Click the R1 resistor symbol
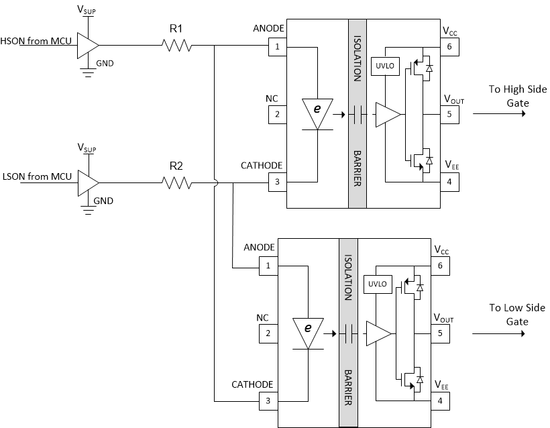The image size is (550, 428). (x=176, y=46)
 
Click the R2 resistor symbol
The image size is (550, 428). (x=176, y=182)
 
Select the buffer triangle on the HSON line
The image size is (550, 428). (x=88, y=45)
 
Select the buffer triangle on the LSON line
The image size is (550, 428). (x=88, y=182)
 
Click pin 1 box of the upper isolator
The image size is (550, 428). (x=277, y=47)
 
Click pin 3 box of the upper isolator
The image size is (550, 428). (x=277, y=182)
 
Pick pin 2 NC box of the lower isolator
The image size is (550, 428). (x=268, y=333)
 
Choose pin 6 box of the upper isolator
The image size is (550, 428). (x=449, y=46)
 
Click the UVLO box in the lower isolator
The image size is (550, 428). (x=376, y=284)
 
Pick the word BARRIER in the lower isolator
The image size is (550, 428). (x=347, y=386)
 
